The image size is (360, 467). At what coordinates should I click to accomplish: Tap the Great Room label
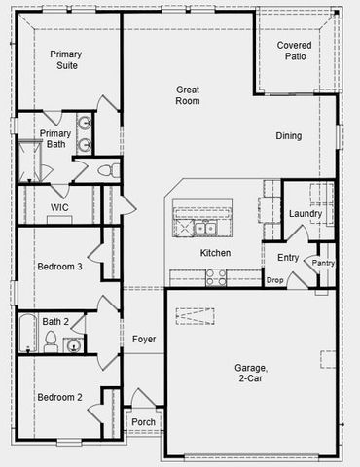[188, 94]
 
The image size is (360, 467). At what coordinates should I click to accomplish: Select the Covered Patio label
[295, 52]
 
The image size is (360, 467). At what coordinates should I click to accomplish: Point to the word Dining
[288, 136]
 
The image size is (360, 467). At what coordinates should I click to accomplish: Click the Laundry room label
[306, 213]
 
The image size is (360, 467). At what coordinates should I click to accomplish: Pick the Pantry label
[322, 263]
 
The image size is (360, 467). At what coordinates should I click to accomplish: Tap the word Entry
[288, 258]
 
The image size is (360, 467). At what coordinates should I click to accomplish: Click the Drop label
[274, 280]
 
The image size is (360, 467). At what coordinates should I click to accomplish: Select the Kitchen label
[215, 253]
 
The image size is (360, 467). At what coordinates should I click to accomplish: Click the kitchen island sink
[204, 229]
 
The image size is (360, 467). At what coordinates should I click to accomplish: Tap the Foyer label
[144, 339]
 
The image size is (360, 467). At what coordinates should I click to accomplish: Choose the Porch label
[144, 421]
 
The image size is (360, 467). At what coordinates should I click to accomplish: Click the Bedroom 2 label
[59, 397]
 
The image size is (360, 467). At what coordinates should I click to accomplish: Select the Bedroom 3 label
[59, 267]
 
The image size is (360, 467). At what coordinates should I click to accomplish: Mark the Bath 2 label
[54, 321]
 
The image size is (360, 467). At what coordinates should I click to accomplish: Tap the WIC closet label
[59, 207]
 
